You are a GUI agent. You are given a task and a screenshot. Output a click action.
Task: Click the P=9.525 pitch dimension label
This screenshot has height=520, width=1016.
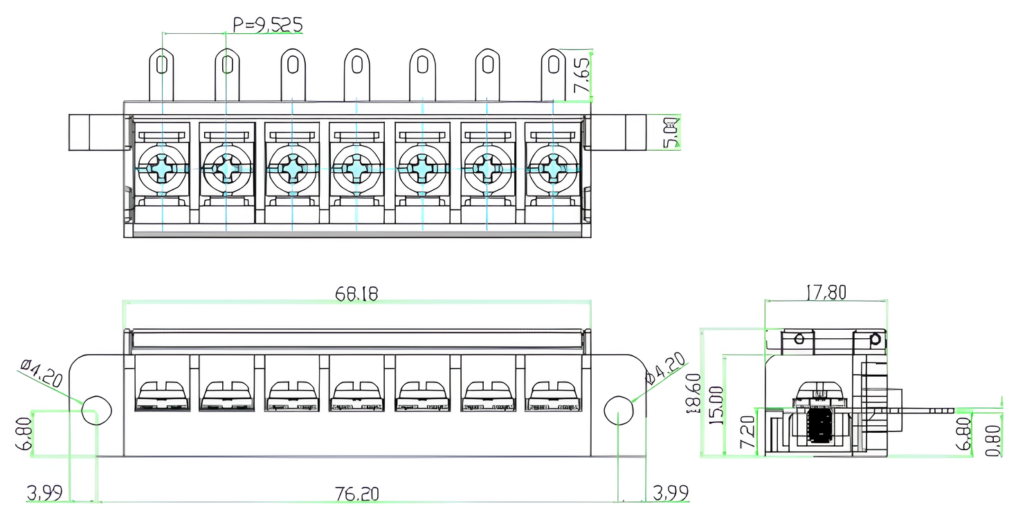coord(267,26)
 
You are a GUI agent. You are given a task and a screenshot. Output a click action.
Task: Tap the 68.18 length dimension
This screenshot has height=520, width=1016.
coord(356,294)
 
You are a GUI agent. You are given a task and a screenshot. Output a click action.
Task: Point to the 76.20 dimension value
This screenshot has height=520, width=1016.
coord(356,494)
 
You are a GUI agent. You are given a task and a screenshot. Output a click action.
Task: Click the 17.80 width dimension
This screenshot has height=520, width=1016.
coord(826,292)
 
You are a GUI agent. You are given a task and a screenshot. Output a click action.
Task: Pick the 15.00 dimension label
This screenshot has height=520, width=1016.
coord(716,405)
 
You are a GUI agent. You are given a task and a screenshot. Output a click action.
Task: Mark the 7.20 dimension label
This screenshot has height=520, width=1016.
coord(748,433)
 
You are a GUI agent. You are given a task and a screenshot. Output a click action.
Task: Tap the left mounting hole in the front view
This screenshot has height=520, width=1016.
coord(96,411)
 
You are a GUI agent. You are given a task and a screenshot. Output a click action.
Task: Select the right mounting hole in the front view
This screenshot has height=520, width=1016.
coord(619,411)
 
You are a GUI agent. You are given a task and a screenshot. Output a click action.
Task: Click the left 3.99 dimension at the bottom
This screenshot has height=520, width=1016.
coord(45,494)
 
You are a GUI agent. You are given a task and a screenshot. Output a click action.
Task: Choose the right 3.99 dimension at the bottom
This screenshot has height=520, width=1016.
coord(670,494)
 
